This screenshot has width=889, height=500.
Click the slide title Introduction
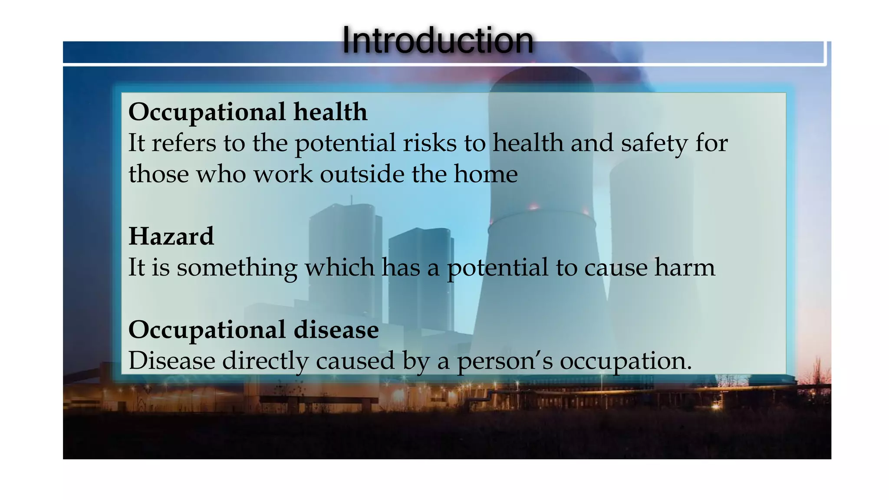tap(438, 40)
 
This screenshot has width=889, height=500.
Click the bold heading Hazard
tap(171, 237)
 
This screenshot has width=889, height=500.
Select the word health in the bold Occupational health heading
tap(330, 112)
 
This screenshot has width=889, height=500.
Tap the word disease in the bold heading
tap(336, 330)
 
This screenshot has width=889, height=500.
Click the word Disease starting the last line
tap(172, 361)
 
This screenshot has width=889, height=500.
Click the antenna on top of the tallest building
tap(352, 200)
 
